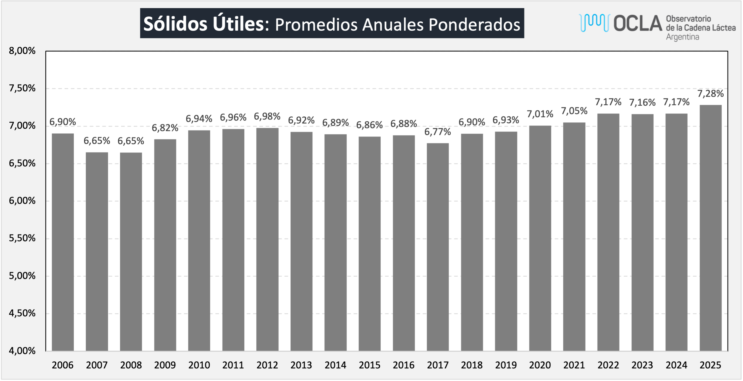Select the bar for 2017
click(438, 247)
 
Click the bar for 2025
click(710, 228)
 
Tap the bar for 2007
click(97, 252)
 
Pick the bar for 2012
click(267, 240)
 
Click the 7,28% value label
click(710, 94)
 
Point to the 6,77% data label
click(438, 132)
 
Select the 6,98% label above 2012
click(267, 116)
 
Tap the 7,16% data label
click(642, 102)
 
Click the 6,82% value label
click(165, 128)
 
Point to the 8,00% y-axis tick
click(22, 51)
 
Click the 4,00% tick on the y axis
click(22, 351)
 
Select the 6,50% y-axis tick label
click(22, 163)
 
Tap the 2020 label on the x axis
click(540, 365)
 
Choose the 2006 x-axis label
click(63, 365)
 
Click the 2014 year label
click(335, 365)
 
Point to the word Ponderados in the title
click(474, 25)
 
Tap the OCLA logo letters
click(638, 23)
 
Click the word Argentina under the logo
click(682, 37)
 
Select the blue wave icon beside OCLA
click(594, 22)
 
